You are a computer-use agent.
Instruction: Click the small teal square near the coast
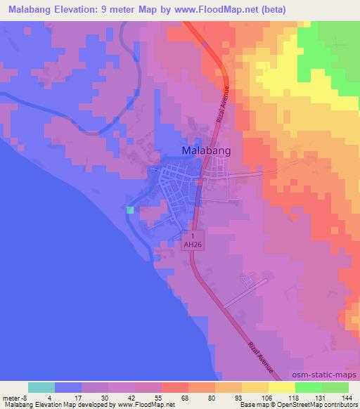click(129, 209)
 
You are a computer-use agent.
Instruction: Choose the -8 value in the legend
click(25, 396)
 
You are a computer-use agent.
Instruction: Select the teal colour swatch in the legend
click(41, 387)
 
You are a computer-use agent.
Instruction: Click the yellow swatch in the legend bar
click(282, 387)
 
